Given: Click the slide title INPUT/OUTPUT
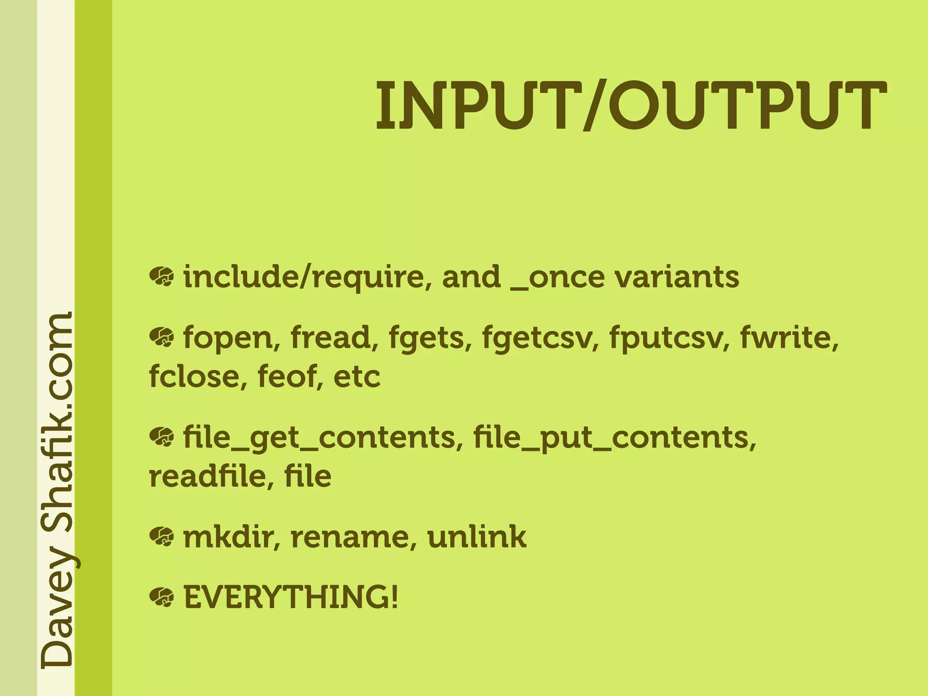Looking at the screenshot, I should [x=631, y=106].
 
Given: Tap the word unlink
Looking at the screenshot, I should [x=477, y=537].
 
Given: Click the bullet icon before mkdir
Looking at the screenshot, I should [x=161, y=537].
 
